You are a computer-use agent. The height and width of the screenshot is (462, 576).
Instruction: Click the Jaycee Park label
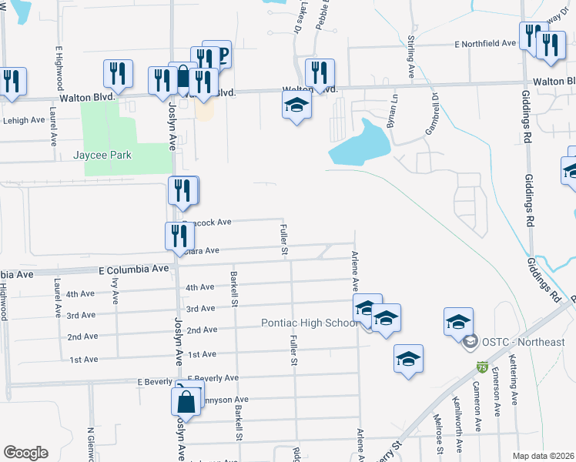pyautogui.click(x=102, y=156)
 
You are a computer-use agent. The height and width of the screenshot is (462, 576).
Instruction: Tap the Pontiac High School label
pyautogui.click(x=310, y=323)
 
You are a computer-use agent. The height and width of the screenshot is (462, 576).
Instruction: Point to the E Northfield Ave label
pyautogui.click(x=485, y=45)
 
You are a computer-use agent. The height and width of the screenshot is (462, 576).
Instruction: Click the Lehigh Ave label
pyautogui.click(x=25, y=121)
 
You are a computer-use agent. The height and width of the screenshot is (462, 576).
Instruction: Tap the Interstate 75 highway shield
pyautogui.click(x=482, y=368)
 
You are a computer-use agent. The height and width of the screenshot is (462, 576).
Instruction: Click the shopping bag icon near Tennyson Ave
pyautogui.click(x=186, y=401)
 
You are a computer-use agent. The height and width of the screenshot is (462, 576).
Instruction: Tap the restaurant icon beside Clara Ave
pyautogui.click(x=176, y=235)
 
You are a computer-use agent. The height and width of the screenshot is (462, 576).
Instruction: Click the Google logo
pyautogui.click(x=26, y=453)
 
